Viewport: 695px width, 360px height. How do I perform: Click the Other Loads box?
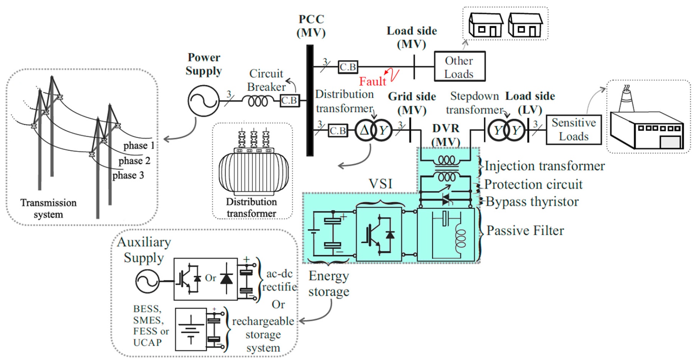(x=459, y=67)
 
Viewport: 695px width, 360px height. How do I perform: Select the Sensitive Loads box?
(x=573, y=130)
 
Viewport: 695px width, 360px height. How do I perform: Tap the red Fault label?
(x=372, y=81)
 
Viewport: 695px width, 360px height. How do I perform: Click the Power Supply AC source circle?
(x=204, y=101)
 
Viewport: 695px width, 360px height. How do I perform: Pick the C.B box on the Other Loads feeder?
(x=348, y=67)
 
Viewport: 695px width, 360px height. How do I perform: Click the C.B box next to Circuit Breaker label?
(x=290, y=101)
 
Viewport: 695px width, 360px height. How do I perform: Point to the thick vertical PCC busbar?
(x=310, y=101)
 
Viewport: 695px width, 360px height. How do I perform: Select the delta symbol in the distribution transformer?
(x=364, y=130)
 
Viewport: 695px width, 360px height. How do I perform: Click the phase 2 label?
(x=134, y=160)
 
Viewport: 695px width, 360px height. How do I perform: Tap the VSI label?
(x=380, y=184)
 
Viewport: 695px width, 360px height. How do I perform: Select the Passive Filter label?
(x=525, y=231)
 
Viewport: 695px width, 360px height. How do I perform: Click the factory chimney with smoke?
(x=626, y=99)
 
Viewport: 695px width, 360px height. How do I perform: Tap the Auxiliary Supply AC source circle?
(x=147, y=281)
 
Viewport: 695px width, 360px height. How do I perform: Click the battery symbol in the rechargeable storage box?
(x=191, y=330)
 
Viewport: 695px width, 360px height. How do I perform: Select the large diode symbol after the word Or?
(x=226, y=278)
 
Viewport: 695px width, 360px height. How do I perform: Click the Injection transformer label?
(x=544, y=166)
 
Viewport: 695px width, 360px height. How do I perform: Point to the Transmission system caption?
(x=48, y=208)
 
